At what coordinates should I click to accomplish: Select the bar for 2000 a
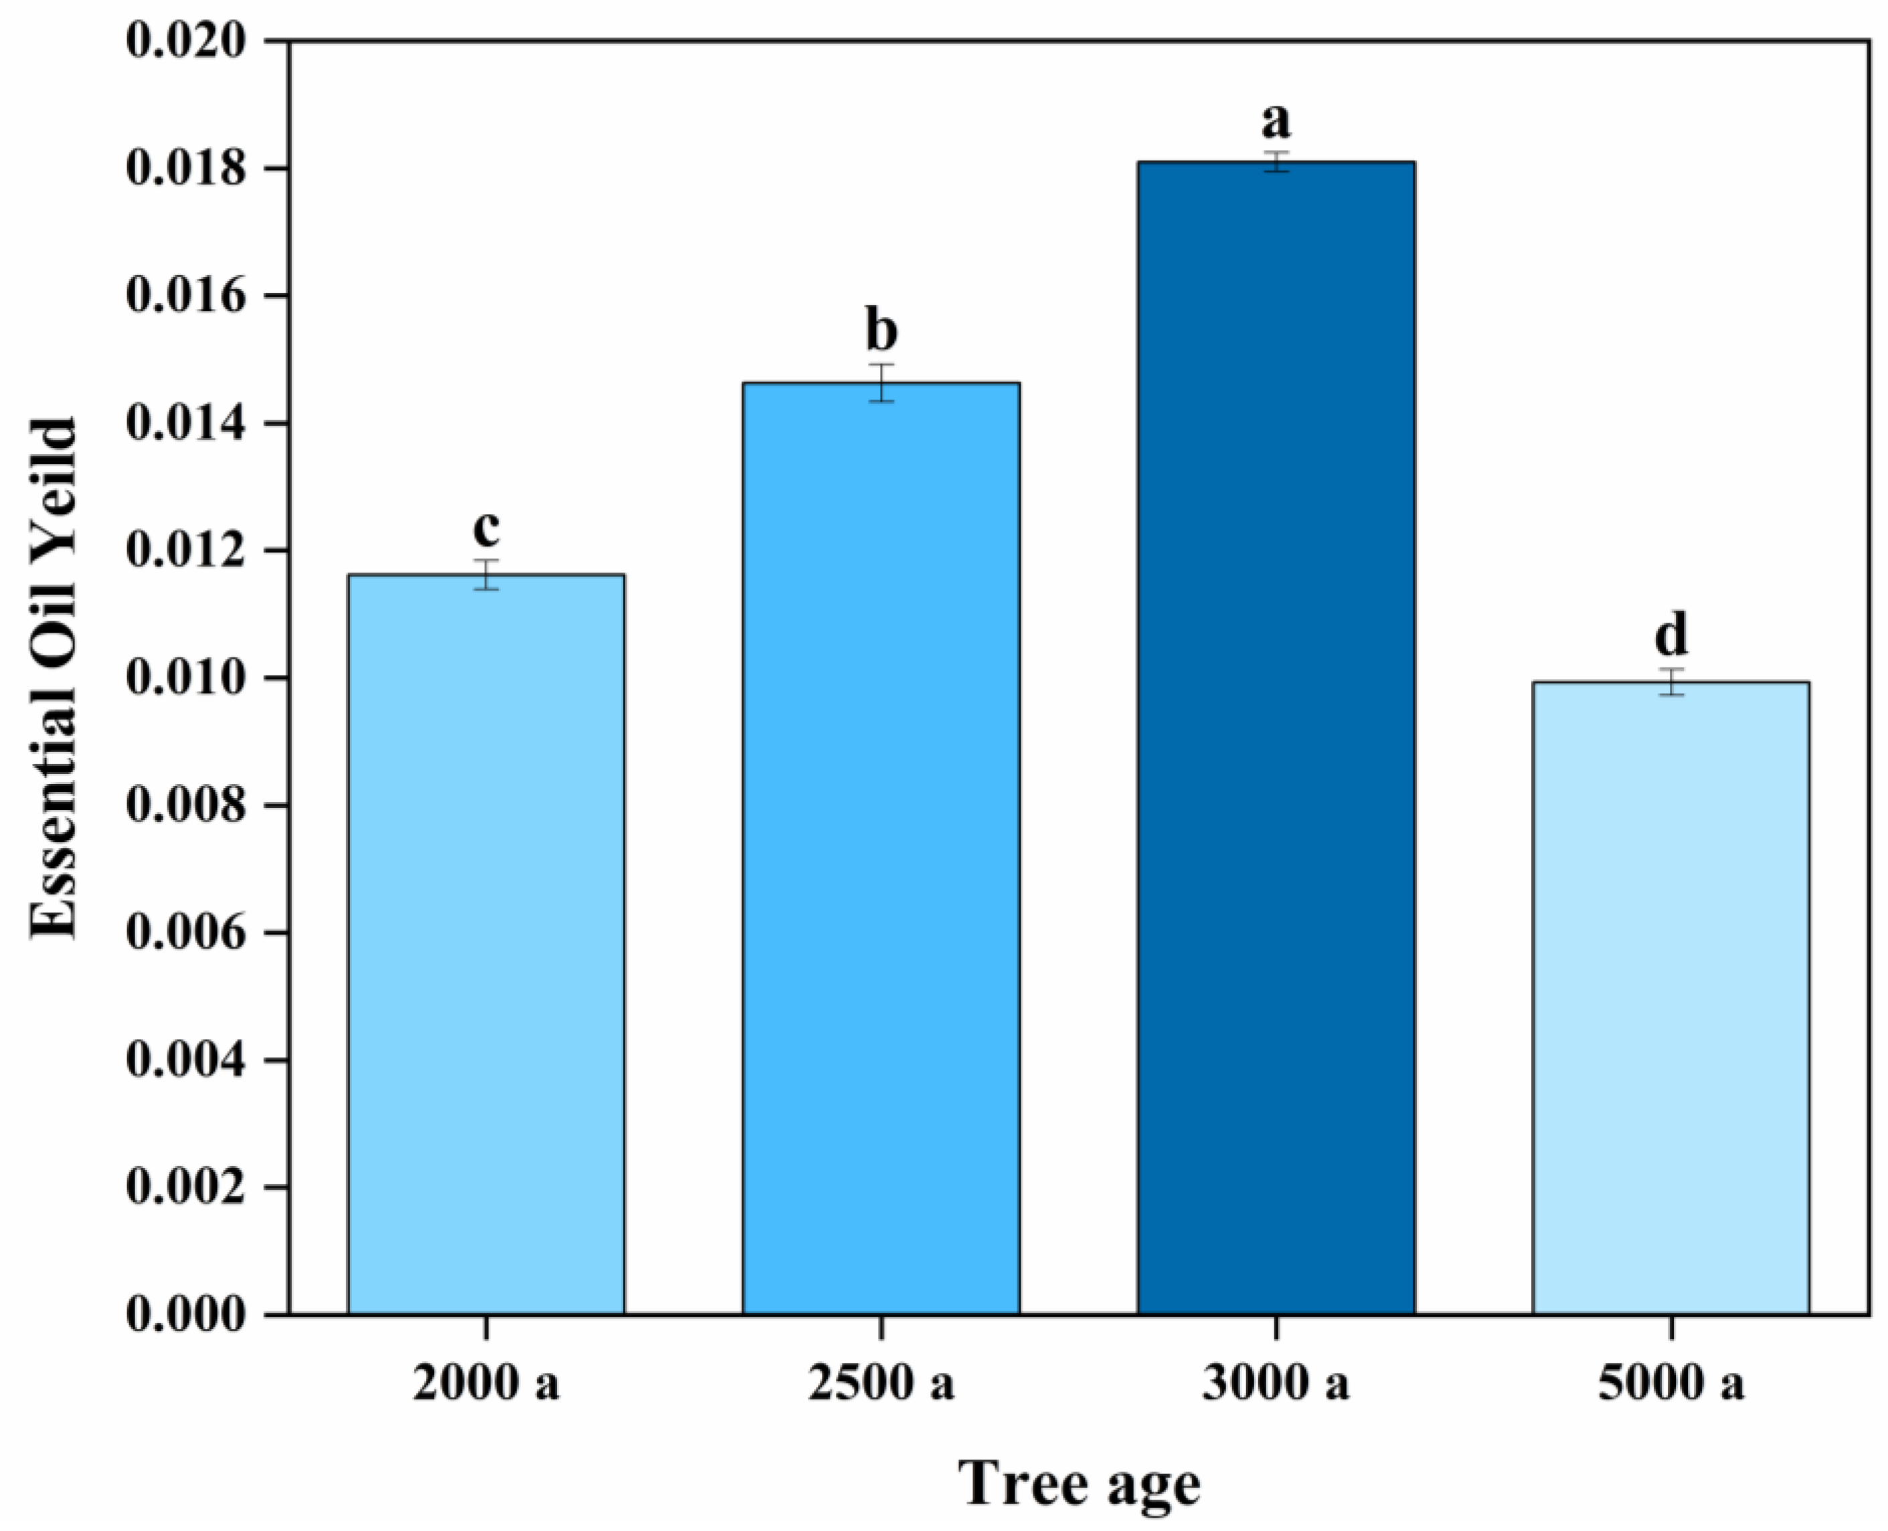point(486,944)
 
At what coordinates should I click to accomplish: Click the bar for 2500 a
point(881,847)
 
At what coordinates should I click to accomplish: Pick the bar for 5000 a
point(1670,997)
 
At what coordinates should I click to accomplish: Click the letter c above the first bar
point(486,529)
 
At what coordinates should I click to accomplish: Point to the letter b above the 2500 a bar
point(881,331)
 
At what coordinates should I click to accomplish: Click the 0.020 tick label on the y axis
point(185,42)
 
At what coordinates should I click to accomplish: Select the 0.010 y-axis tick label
point(185,678)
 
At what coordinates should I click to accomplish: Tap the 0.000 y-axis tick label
point(185,1314)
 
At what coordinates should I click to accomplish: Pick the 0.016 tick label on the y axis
point(185,297)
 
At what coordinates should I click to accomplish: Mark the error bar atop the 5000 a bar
point(1670,681)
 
